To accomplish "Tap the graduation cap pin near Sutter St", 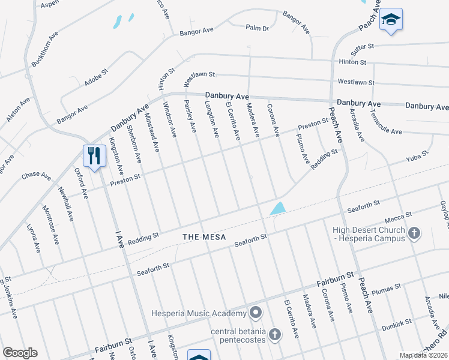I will click(x=391, y=21).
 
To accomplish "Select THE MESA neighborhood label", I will click(x=205, y=237).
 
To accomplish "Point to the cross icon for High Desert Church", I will click(x=414, y=233).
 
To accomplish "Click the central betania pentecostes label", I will click(x=238, y=334).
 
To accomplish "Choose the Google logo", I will click(x=20, y=353).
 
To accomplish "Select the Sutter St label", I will click(x=363, y=46).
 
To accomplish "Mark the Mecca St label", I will click(x=399, y=215).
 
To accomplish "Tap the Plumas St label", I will click(x=388, y=289).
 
